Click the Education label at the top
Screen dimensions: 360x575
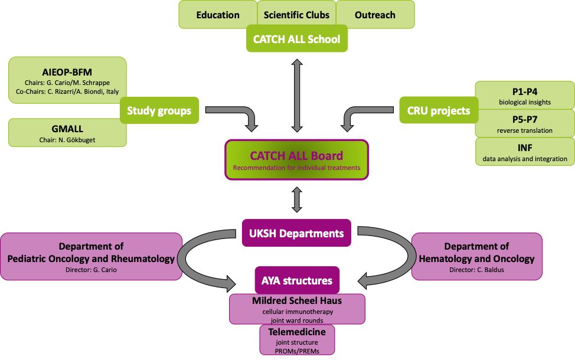[218, 15]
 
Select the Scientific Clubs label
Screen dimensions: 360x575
[296, 15]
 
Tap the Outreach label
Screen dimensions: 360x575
[375, 15]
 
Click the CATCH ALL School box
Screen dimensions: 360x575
[296, 40]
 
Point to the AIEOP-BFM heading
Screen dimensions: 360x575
[67, 72]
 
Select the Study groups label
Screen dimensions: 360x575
[159, 110]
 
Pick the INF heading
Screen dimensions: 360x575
[524, 148]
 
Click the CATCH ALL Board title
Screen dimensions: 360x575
[296, 156]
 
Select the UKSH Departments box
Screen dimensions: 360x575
[296, 233]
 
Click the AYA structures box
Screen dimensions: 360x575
[296, 280]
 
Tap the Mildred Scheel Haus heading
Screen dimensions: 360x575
[296, 301]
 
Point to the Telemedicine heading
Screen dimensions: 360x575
[296, 332]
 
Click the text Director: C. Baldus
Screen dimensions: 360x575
[476, 270]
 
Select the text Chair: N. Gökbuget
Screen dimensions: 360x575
[67, 140]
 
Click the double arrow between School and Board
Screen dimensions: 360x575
[297, 94]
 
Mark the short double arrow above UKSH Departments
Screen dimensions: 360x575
[297, 199]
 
